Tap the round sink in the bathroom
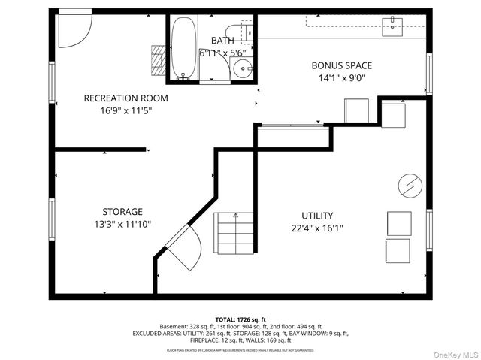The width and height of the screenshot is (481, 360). coord(242,70)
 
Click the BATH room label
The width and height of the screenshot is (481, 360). coord(222,40)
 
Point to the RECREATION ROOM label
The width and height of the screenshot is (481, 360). coord(126,98)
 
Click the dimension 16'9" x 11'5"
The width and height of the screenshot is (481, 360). coord(126,111)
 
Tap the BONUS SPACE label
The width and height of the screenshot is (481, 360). coord(342,65)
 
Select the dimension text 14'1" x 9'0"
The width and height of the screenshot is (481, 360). coord(342,78)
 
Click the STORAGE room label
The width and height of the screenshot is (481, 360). coord(123,212)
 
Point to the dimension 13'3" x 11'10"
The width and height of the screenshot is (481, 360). coord(123,224)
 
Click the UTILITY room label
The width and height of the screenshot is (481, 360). coord(317,216)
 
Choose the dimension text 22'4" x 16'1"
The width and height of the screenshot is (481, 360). coord(317,228)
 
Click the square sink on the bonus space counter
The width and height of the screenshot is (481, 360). coord(393,27)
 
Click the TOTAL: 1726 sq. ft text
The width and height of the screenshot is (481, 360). coord(240,319)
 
